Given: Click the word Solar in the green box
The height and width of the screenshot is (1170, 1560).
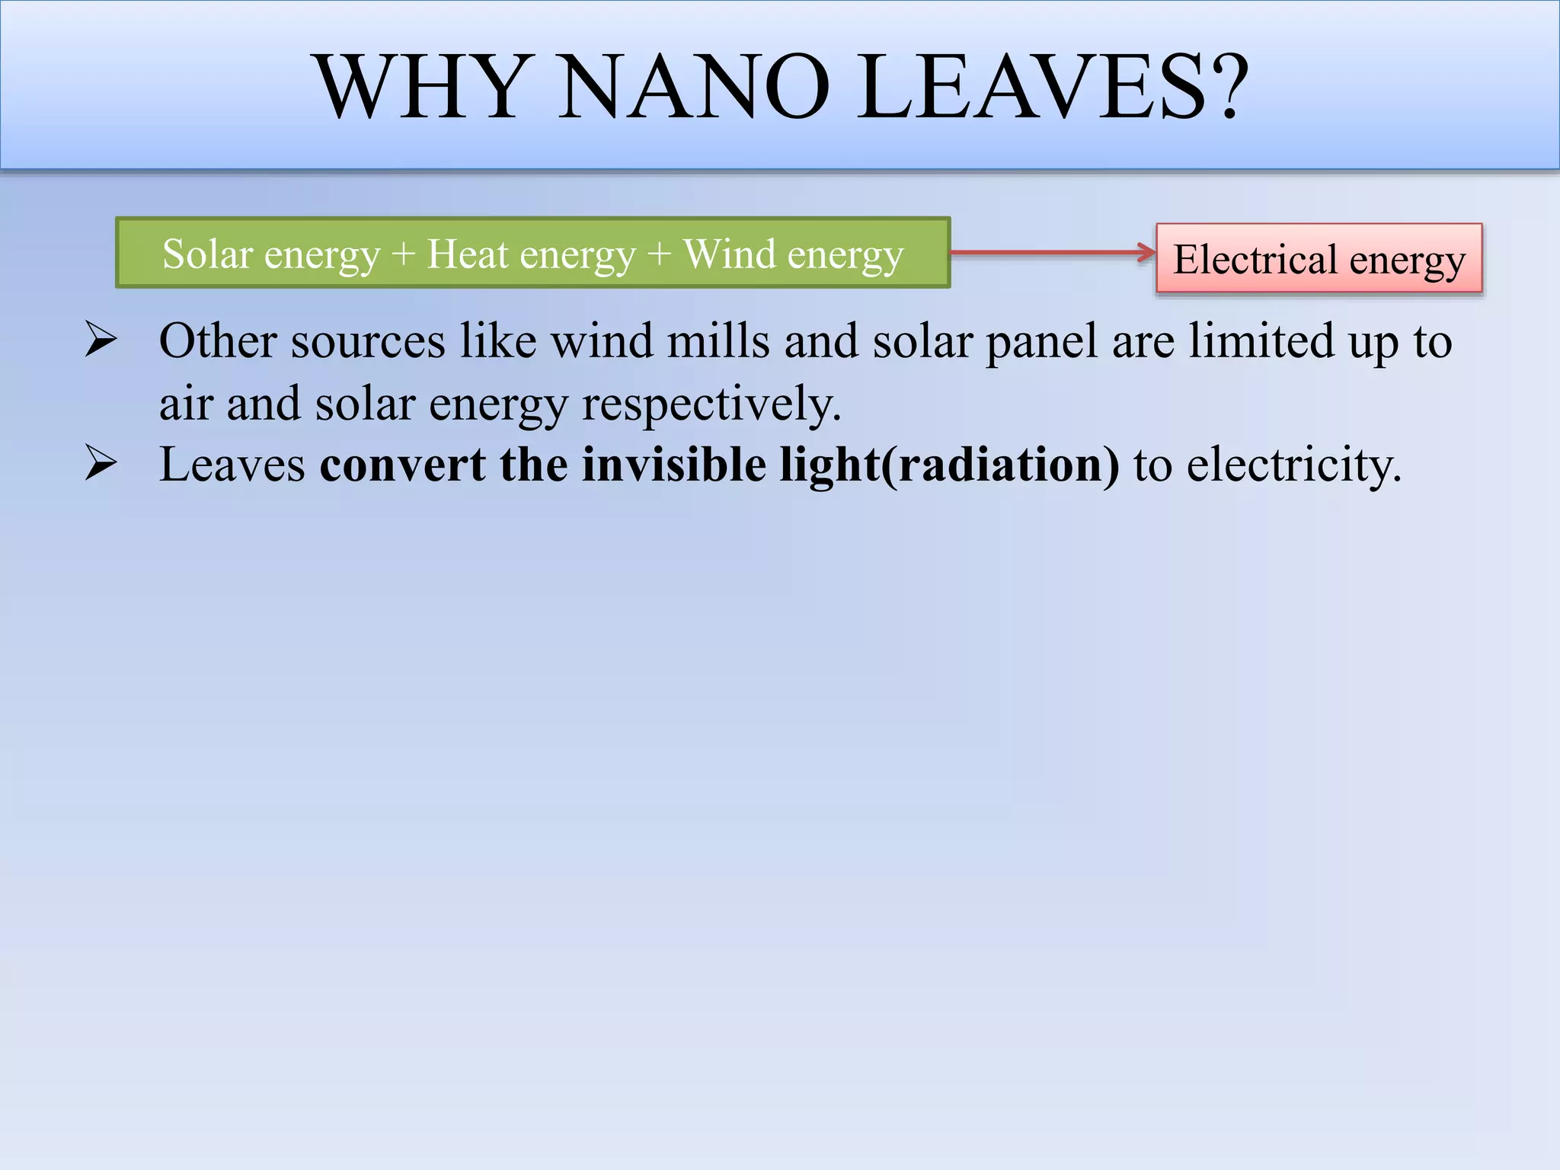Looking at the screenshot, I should [x=207, y=254].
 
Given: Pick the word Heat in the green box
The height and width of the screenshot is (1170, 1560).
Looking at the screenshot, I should [x=468, y=254].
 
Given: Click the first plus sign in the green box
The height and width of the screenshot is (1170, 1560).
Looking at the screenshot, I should [x=403, y=255].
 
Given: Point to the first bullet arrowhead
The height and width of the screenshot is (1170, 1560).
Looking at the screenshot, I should [x=101, y=340].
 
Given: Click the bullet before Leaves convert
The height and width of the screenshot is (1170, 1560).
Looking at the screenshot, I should [x=101, y=464].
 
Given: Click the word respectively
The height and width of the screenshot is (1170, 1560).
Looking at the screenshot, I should [x=711, y=404].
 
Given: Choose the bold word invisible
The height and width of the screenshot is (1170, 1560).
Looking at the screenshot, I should [x=673, y=465].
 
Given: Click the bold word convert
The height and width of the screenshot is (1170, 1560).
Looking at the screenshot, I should [x=402, y=465].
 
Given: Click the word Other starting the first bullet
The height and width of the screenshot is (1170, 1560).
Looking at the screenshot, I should [x=218, y=340].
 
